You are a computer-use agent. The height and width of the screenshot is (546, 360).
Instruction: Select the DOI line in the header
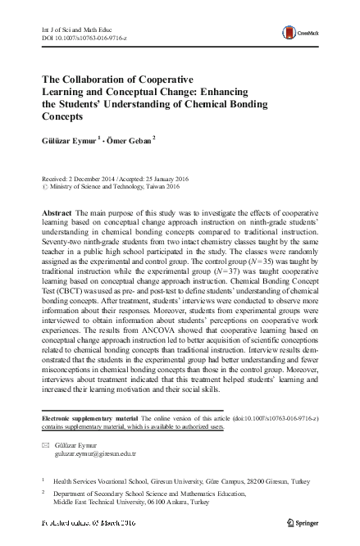pos(77,37)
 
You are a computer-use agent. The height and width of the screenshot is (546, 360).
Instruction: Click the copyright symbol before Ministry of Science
pos(44,186)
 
